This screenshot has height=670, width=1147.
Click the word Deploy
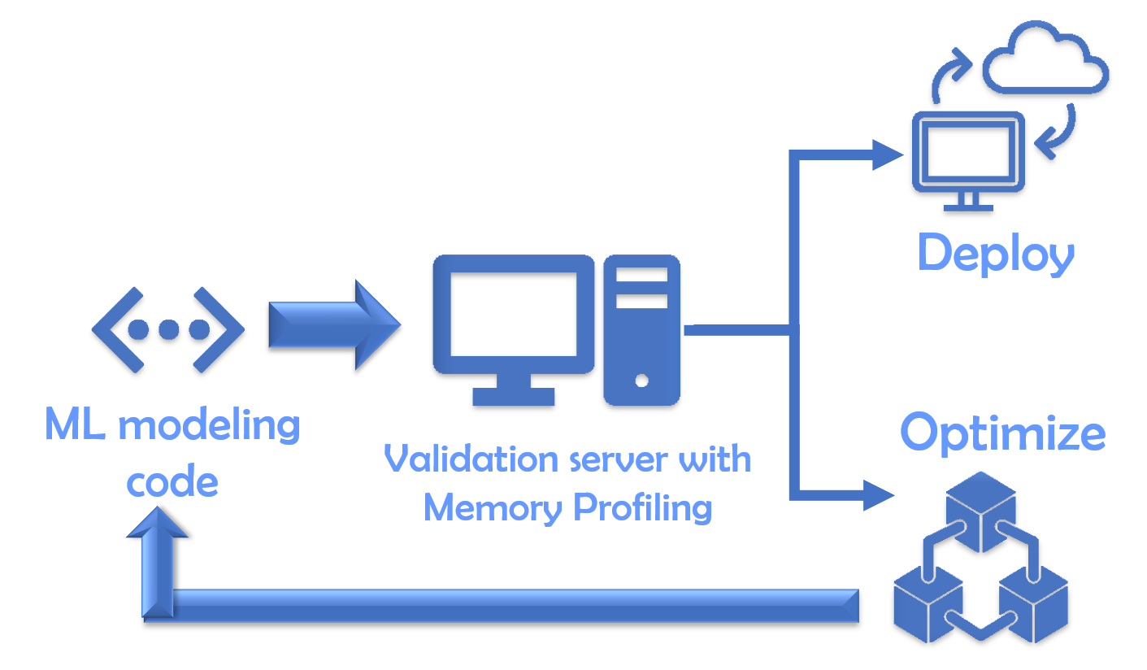pyautogui.click(x=996, y=254)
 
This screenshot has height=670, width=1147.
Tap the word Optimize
pyautogui.click(x=1002, y=433)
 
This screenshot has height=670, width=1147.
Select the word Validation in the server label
pyautogui.click(x=458, y=459)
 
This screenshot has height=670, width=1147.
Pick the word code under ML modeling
pyautogui.click(x=172, y=482)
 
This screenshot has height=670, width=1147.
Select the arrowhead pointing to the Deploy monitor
pyautogui.click(x=888, y=154)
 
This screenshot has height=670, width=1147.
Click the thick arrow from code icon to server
pyautogui.click(x=333, y=325)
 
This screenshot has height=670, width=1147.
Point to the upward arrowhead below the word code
pyautogui.click(x=157, y=522)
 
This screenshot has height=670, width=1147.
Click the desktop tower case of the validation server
pyautogui.click(x=641, y=329)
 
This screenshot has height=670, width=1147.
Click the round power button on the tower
pyautogui.click(x=642, y=380)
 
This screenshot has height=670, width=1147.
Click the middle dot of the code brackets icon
pyautogui.click(x=168, y=329)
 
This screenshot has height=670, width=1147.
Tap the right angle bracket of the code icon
pyautogui.click(x=227, y=329)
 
